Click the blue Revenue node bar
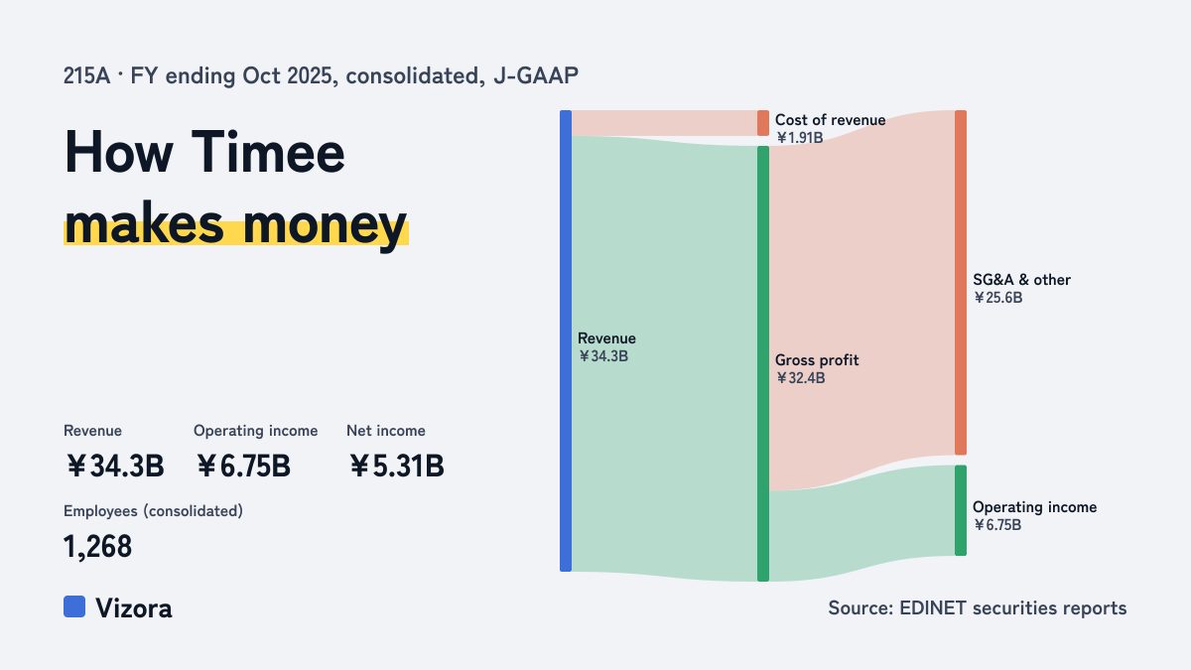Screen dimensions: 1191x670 [566, 340]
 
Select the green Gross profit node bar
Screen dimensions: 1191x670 [763, 363]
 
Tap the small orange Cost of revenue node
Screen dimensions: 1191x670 [763, 123]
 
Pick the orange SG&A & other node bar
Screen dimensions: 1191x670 [961, 282]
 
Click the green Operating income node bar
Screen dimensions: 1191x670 [961, 510]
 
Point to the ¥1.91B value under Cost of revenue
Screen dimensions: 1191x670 [800, 138]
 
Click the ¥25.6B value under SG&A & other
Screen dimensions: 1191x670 [998, 298]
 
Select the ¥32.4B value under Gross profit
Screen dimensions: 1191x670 [801, 378]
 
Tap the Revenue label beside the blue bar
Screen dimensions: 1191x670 [606, 338]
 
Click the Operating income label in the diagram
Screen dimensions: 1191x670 [1034, 507]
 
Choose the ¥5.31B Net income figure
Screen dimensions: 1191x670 [397, 466]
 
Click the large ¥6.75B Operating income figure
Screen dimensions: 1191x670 [243, 466]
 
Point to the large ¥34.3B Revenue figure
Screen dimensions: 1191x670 [115, 466]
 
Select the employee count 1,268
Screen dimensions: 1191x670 [98, 546]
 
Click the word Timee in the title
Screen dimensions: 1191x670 [268, 152]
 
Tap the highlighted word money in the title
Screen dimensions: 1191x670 [325, 225]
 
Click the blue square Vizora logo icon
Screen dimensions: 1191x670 [74, 606]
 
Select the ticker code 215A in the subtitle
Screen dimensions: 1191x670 [86, 75]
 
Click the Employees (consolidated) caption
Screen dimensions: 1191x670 [153, 511]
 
